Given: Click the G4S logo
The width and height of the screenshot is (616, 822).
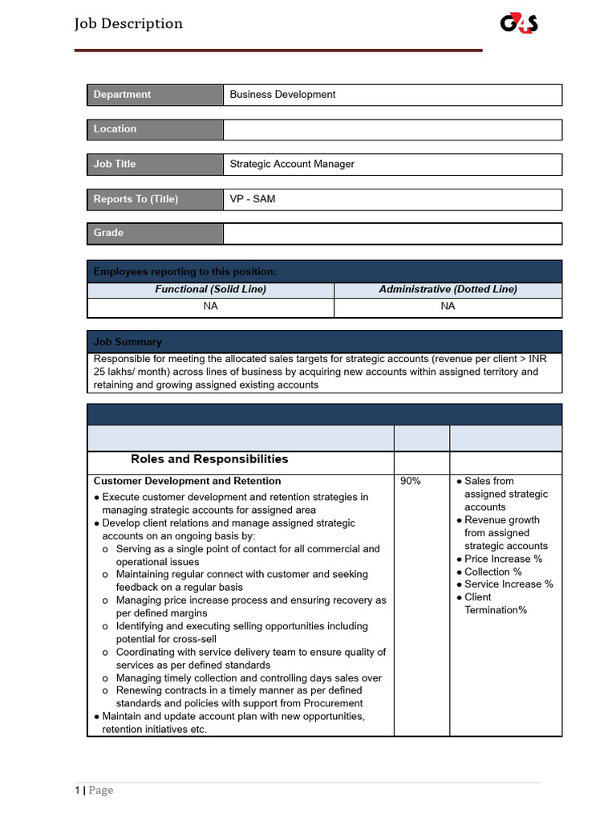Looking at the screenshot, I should pos(519,24).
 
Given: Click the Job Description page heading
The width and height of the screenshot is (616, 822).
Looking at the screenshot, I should pos(128,23).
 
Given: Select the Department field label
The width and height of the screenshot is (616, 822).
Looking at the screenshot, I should pos(122,95).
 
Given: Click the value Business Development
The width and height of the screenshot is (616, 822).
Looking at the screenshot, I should pos(282,95).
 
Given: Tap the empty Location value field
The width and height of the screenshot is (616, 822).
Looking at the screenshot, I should pos(392,129).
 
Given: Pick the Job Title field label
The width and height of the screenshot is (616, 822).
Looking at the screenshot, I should pos(115,164).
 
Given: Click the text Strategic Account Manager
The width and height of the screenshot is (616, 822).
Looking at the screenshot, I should pos(292,164).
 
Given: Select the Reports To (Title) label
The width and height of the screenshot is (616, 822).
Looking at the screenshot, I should pos(136,199).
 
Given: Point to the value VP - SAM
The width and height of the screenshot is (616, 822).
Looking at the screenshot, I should pos(252,199).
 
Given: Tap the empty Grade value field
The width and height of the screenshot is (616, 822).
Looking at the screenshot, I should pos(392,234).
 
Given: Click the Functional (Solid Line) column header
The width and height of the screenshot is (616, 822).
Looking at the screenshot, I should pos(210,289).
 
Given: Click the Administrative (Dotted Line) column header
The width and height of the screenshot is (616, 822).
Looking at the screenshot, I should pos(448,289).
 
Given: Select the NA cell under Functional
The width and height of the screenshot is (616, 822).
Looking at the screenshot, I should pos(210,307).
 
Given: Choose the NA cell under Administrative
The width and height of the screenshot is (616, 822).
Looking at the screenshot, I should pos(448,307).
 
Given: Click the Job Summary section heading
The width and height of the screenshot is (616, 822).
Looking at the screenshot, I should pos(128,342).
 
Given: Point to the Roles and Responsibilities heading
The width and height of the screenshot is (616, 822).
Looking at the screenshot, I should pos(209,460).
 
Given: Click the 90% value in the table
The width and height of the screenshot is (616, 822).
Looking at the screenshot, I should pos(410,482).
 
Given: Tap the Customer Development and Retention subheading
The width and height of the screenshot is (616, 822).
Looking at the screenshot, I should pos(187,482).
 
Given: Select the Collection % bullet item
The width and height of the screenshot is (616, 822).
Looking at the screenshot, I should pos(493,572).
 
